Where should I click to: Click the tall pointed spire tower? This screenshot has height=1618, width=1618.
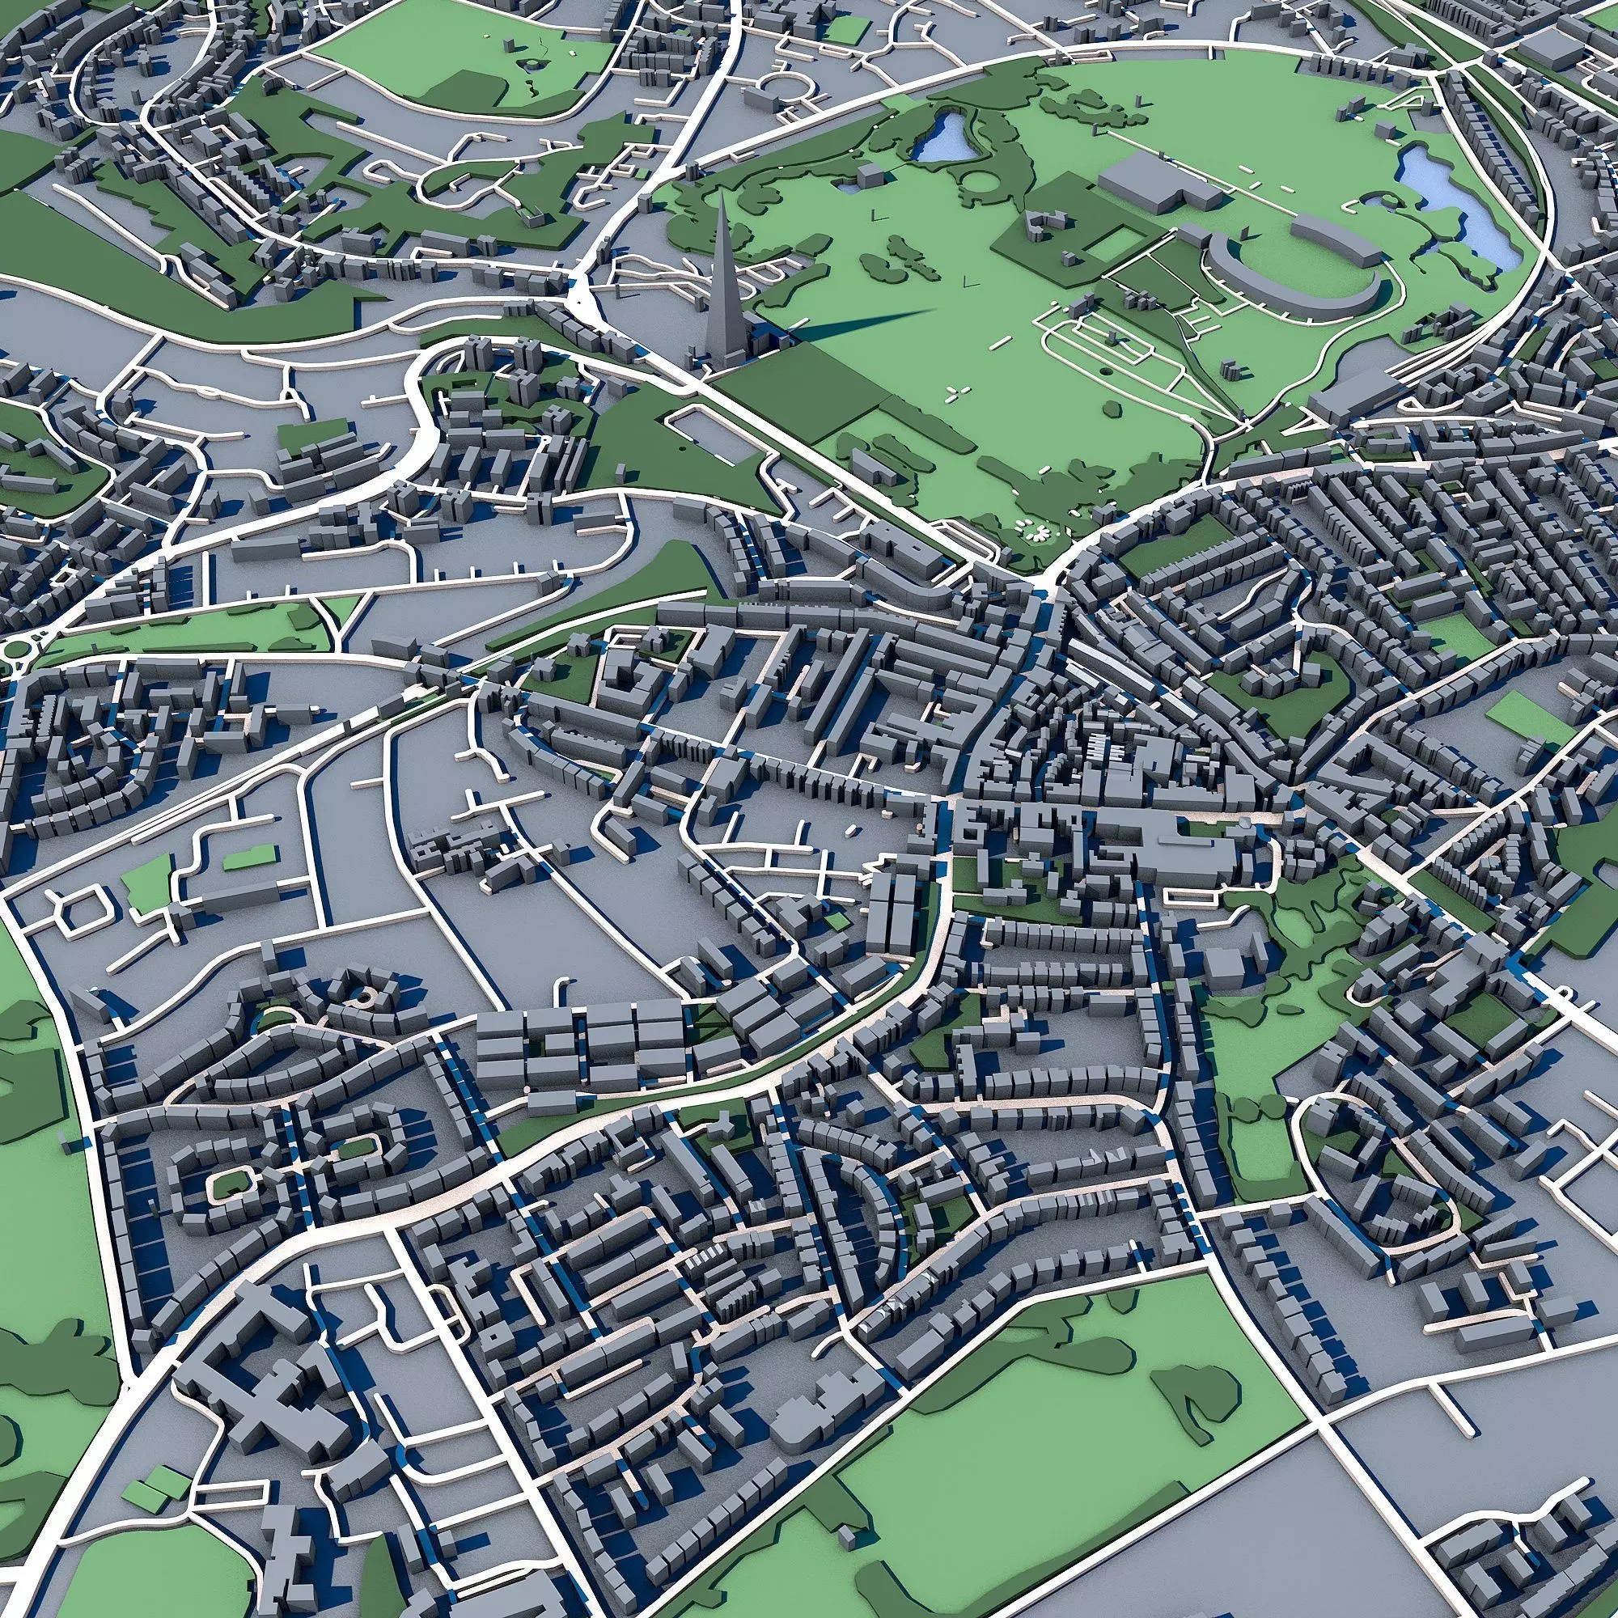click(719, 277)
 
